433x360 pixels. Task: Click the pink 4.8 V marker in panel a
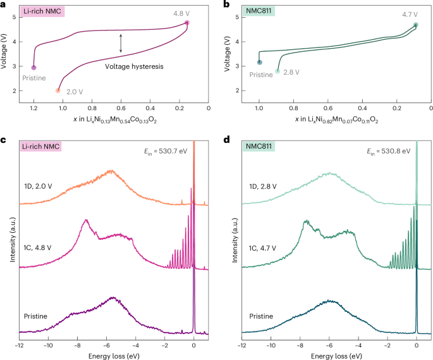click(x=187, y=23)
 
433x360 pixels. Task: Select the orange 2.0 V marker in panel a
click(x=58, y=90)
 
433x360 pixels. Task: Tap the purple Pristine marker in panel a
click(x=34, y=67)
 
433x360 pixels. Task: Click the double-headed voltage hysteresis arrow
click(x=121, y=42)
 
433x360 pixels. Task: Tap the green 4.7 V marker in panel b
click(x=415, y=25)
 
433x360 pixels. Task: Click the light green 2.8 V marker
click(x=277, y=71)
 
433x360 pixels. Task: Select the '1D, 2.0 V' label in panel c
click(x=42, y=188)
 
